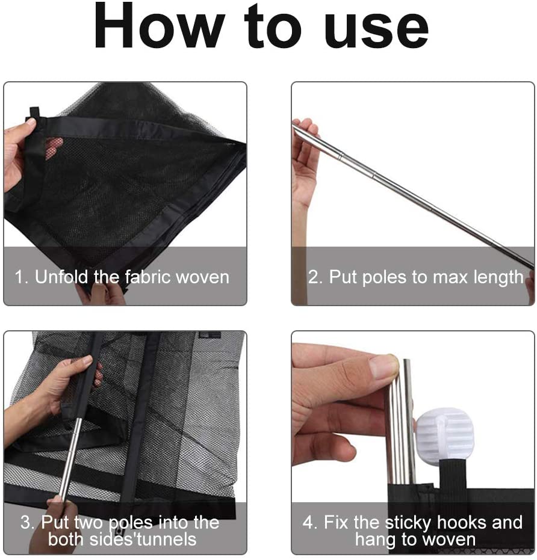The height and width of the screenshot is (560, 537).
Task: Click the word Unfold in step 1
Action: pyautogui.click(x=61, y=277)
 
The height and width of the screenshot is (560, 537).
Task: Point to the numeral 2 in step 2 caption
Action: pyautogui.click(x=313, y=277)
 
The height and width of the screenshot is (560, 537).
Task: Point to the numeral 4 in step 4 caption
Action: pyautogui.click(x=308, y=523)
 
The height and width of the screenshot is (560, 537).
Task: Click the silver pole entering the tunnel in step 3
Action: pyautogui.click(x=70, y=459)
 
